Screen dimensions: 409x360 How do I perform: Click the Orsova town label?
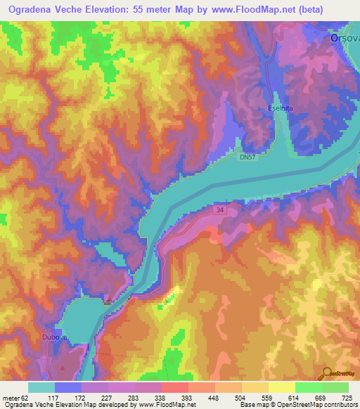click(345, 39)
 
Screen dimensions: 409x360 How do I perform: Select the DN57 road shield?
click(245, 160)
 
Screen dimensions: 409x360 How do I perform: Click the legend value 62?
click(28, 398)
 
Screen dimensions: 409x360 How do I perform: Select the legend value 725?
click(347, 398)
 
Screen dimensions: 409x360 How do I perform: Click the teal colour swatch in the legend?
click(41, 387)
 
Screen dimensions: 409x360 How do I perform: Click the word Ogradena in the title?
click(30, 10)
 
